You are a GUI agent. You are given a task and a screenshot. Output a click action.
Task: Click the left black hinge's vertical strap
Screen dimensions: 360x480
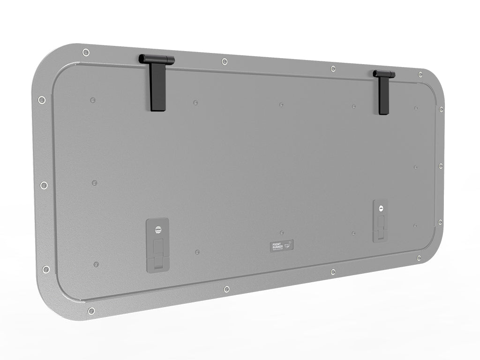click(x=157, y=87)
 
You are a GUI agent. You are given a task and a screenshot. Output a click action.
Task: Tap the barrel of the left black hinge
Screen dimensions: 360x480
click(x=157, y=60)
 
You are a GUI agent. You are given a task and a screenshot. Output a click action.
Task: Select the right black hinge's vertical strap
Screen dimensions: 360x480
click(x=383, y=96)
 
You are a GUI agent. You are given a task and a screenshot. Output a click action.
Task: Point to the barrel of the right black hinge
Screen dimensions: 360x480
click(x=384, y=74)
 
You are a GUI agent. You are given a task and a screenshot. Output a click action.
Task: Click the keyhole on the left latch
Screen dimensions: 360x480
click(x=157, y=229)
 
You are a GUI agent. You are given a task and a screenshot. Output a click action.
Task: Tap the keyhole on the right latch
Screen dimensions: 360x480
click(x=380, y=208)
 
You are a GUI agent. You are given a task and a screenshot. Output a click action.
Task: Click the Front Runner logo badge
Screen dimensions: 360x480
click(x=282, y=246)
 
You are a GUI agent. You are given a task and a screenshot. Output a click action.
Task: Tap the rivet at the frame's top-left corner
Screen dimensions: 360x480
click(x=85, y=52)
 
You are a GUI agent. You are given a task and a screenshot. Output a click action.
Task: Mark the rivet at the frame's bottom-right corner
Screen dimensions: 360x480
click(x=419, y=258)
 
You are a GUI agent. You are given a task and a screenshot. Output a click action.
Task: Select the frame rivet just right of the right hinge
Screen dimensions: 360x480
click(x=420, y=75)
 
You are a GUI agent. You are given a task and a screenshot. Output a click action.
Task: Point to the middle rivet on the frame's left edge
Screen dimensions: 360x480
click(x=44, y=186)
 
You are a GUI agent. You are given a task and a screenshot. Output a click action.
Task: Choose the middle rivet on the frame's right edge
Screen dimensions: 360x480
click(x=441, y=165)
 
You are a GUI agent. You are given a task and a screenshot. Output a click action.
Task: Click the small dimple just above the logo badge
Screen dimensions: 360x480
click(x=281, y=232)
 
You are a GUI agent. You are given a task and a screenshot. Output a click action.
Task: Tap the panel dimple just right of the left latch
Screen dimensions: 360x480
click(x=197, y=252)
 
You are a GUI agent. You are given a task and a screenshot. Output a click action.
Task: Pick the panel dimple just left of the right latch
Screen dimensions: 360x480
click(x=353, y=233)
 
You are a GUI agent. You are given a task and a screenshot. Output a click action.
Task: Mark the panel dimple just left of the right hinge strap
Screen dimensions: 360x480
click(x=354, y=106)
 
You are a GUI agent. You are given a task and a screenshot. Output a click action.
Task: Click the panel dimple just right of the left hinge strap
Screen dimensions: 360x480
click(x=195, y=102)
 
